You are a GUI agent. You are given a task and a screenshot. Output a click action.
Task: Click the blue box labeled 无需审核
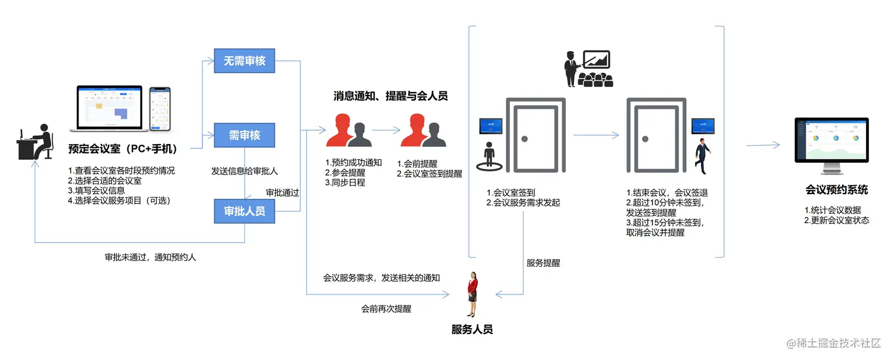click(x=244, y=61)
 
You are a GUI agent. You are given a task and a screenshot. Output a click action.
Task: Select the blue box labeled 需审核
click(x=244, y=135)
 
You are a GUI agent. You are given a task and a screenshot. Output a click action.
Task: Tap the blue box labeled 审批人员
click(x=244, y=211)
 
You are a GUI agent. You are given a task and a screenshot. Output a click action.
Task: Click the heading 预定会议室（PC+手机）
click(x=123, y=149)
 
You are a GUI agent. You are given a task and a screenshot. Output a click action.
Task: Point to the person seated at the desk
click(x=36, y=142)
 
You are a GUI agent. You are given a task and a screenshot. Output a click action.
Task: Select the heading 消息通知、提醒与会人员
click(x=390, y=96)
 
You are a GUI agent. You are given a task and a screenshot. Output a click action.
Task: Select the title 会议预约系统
click(x=837, y=190)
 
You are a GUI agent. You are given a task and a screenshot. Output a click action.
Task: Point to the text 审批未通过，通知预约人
click(x=150, y=257)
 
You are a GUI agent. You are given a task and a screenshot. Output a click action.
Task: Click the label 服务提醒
click(x=543, y=263)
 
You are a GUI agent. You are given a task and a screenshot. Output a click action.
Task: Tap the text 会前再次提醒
click(x=386, y=309)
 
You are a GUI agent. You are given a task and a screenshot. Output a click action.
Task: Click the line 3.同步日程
click(x=345, y=183)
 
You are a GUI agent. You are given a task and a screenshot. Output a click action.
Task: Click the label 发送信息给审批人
click(x=244, y=171)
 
